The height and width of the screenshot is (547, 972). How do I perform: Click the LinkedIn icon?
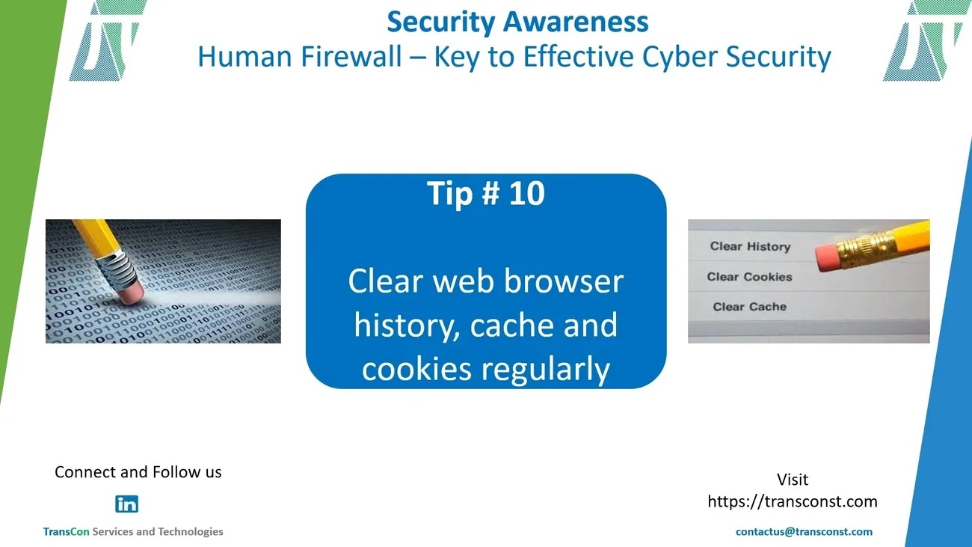[126, 504]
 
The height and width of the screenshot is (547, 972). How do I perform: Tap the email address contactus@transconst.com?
[804, 532]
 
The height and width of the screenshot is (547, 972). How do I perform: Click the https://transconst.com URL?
[793, 501]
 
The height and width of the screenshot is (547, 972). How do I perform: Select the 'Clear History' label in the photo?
[750, 246]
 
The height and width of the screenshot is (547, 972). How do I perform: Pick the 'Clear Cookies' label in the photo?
[749, 277]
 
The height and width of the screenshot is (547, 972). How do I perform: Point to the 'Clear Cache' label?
[749, 307]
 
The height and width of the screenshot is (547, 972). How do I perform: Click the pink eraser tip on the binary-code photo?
[131, 292]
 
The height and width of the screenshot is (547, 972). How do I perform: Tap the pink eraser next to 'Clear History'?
[828, 258]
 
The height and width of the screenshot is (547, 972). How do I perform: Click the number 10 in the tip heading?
[527, 193]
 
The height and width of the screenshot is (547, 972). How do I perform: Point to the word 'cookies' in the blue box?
[416, 369]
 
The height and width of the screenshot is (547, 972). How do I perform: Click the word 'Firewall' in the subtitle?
[351, 56]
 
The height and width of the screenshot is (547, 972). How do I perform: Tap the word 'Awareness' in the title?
[576, 22]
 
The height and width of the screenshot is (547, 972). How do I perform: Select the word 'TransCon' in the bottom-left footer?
[66, 532]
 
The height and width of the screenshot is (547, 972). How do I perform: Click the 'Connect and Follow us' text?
[138, 472]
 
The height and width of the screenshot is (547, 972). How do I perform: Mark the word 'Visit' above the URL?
[793, 480]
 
